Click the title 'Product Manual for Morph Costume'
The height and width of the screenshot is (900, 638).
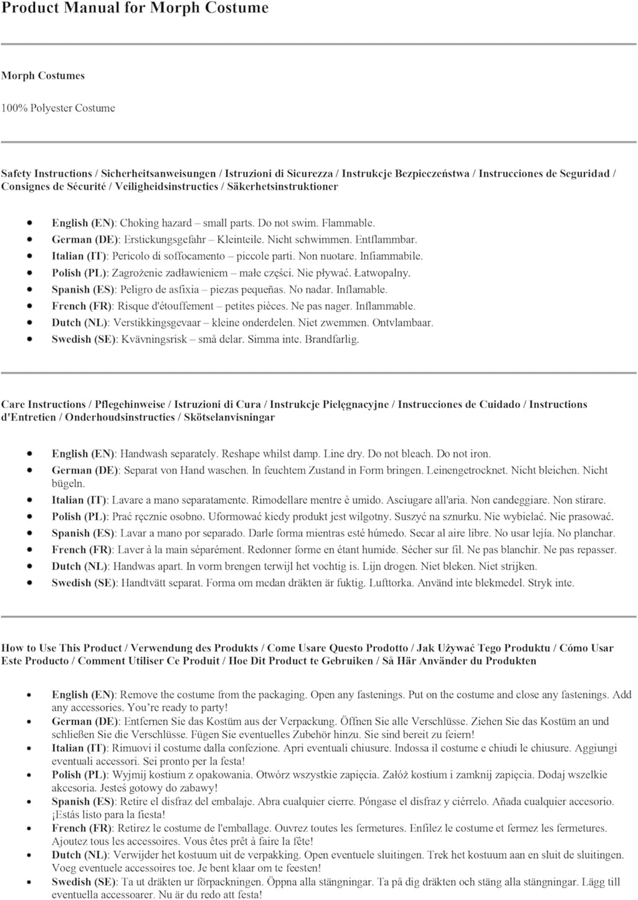point(135,9)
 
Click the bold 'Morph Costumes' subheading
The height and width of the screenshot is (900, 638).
point(43,76)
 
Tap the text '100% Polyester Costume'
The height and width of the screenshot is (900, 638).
point(58,108)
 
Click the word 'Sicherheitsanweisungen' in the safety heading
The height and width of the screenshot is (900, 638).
point(159,174)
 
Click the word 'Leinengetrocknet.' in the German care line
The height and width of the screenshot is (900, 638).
point(466,471)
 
